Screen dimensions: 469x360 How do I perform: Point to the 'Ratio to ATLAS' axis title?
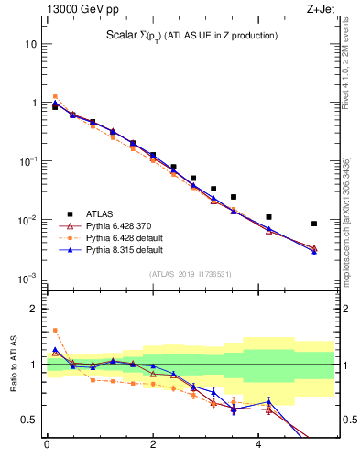click(x=14, y=365)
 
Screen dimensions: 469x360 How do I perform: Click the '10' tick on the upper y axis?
click(x=30, y=44)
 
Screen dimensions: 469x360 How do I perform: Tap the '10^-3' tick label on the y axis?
click(x=27, y=278)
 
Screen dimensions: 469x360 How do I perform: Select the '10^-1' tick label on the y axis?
click(x=27, y=161)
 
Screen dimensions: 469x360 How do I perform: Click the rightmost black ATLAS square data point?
click(x=314, y=224)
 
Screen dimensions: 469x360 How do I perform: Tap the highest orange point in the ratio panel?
click(x=55, y=330)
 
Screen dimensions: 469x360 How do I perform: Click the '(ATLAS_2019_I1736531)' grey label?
click(x=191, y=274)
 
